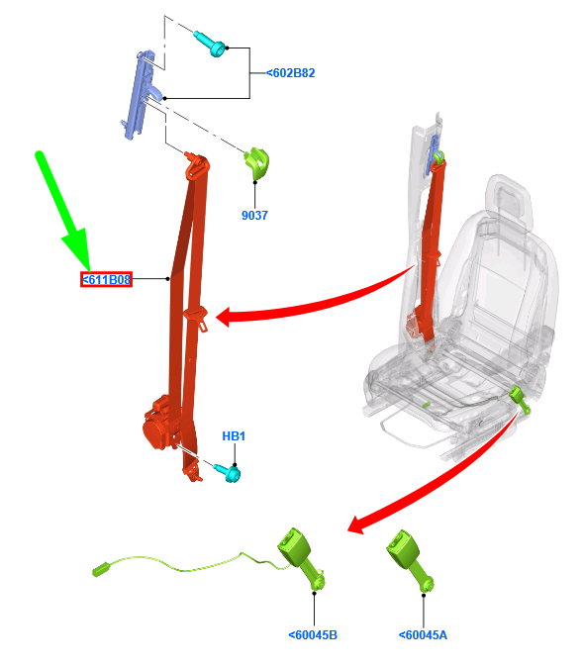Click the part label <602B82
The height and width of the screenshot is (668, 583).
tap(290, 72)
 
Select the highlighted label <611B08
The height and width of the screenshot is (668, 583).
tap(106, 280)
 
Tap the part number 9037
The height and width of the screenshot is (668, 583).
tap(254, 215)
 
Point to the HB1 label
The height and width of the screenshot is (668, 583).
tap(234, 436)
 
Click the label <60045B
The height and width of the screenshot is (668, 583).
tap(313, 634)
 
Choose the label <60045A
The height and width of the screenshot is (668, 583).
tap(423, 634)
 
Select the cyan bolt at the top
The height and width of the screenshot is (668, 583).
tap(214, 43)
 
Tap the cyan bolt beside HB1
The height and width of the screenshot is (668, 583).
tap(230, 474)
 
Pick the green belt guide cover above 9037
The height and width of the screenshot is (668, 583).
tap(258, 161)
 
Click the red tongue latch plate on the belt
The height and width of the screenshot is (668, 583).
tap(195, 317)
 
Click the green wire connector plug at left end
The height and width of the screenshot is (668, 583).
tap(99, 569)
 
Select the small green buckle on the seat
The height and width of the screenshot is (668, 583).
tap(518, 398)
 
